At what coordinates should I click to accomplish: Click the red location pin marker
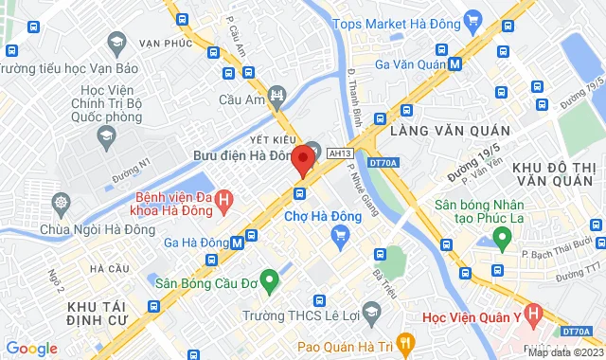click(303, 160)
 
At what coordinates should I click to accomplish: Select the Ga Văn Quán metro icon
click(455, 64)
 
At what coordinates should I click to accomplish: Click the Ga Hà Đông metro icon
click(237, 243)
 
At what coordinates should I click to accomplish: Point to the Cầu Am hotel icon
click(276, 95)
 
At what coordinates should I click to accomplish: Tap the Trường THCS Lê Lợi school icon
click(371, 314)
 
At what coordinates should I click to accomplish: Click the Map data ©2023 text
click(564, 352)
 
